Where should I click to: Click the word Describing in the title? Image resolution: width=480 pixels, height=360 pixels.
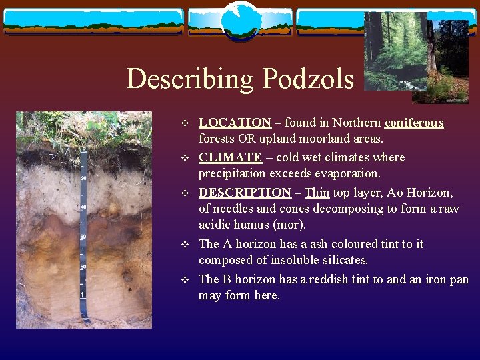pyautogui.click(x=191, y=79)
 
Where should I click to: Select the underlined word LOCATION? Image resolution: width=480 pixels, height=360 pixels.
pyautogui.click(x=235, y=123)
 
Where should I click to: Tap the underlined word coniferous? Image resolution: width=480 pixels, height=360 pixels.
pyautogui.click(x=414, y=123)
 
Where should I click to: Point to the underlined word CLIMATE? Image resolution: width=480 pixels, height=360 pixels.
pyautogui.click(x=230, y=157)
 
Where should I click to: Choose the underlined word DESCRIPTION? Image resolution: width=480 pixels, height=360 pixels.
pyautogui.click(x=245, y=192)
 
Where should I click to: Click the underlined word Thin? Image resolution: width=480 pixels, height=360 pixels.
pyautogui.click(x=317, y=192)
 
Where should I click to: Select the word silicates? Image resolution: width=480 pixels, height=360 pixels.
pyautogui.click(x=344, y=260)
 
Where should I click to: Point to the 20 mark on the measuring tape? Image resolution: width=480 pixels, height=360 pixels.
pyautogui.click(x=84, y=178)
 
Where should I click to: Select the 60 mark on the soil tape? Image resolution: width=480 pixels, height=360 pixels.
pyautogui.click(x=84, y=237)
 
